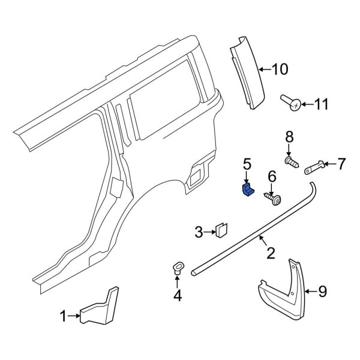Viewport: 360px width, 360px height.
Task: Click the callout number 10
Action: click(x=280, y=70)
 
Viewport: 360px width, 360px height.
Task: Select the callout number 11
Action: click(x=322, y=105)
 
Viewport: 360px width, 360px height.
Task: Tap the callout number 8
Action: click(x=289, y=137)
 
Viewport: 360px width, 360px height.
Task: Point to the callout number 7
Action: click(x=341, y=163)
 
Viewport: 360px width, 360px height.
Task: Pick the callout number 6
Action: click(x=271, y=176)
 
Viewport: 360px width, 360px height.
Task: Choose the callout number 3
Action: click(x=199, y=231)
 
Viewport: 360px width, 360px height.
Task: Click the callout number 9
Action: click(x=322, y=292)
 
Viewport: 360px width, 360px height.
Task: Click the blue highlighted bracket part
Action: click(x=247, y=190)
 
